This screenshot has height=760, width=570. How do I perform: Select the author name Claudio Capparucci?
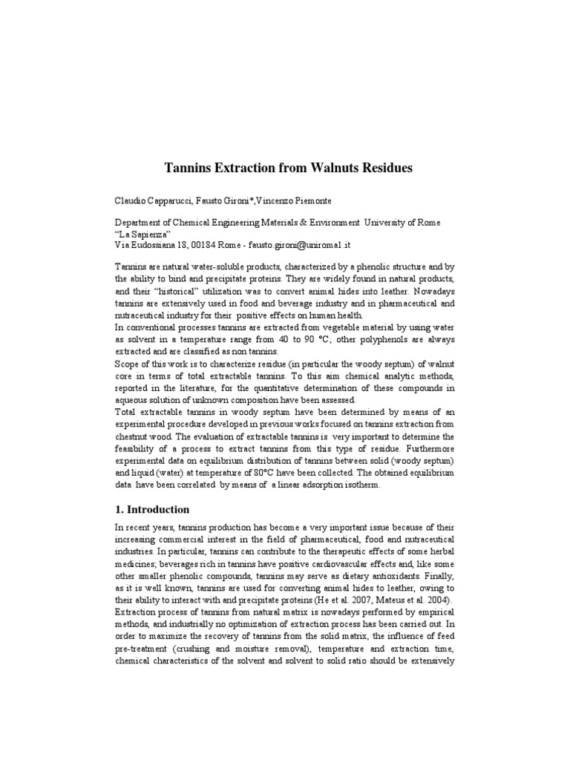(152, 202)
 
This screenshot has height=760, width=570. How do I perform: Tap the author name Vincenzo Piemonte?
(301, 202)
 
